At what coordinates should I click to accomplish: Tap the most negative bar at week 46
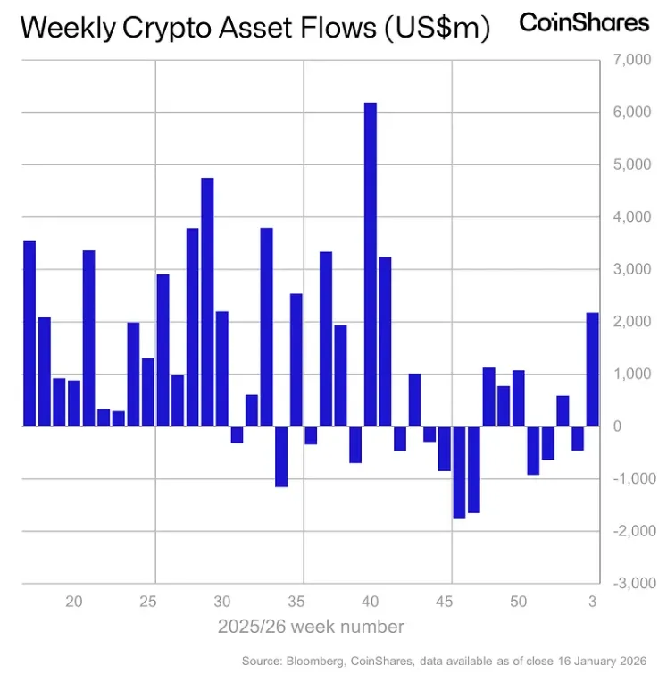point(459,471)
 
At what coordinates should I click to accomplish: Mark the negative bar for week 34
point(281,456)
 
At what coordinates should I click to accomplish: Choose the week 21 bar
point(88,338)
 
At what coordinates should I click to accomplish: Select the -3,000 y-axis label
point(629,583)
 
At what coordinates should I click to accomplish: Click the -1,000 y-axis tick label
point(629,478)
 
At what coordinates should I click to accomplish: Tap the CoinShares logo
point(584,22)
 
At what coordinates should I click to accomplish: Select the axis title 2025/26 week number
point(311,627)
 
